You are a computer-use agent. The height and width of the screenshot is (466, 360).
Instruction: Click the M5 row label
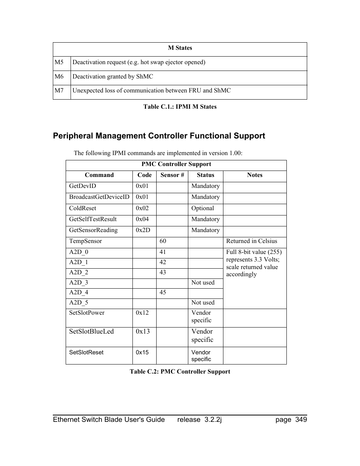[59, 62]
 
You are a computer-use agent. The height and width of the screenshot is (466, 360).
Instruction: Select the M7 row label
[59, 91]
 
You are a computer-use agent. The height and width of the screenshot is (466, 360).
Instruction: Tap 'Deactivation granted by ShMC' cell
[113, 77]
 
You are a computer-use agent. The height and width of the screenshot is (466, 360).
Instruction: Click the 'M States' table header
[180, 48]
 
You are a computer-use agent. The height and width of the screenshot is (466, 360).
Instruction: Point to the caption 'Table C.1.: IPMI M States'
[180, 107]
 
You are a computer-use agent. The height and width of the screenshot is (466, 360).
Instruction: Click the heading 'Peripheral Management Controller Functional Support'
[159, 136]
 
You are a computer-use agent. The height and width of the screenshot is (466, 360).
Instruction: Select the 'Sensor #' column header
[172, 175]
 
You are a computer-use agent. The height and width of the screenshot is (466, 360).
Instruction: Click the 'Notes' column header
[255, 175]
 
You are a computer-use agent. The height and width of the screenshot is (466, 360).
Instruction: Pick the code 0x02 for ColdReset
[142, 208]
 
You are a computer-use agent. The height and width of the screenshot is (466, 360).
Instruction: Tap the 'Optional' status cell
[203, 208]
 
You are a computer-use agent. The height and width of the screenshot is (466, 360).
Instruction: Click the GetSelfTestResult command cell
[93, 219]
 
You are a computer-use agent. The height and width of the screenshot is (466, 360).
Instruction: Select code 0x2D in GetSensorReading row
[143, 230]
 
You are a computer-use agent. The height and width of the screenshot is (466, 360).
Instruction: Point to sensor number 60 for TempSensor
[163, 241]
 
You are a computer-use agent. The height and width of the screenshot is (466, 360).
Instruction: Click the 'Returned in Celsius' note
[252, 241]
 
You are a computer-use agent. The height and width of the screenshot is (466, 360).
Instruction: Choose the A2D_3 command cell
[78, 283]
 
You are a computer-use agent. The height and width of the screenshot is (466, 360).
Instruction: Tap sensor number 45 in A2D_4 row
[163, 292]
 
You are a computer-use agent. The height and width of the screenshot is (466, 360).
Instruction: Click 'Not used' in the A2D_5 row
[203, 303]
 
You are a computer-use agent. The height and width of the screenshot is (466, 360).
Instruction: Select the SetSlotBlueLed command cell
[91, 331]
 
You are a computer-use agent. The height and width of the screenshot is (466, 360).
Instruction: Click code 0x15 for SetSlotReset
[142, 352]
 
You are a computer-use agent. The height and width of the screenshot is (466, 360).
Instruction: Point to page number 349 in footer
[301, 420]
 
